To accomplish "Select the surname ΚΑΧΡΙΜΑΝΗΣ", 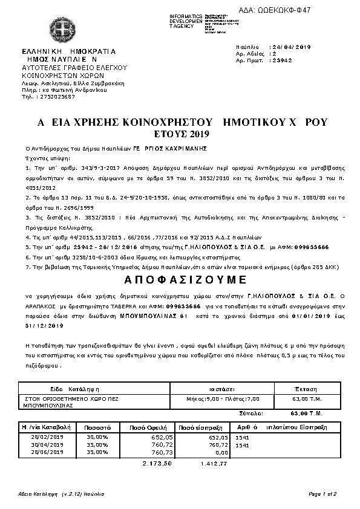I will (185, 148).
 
